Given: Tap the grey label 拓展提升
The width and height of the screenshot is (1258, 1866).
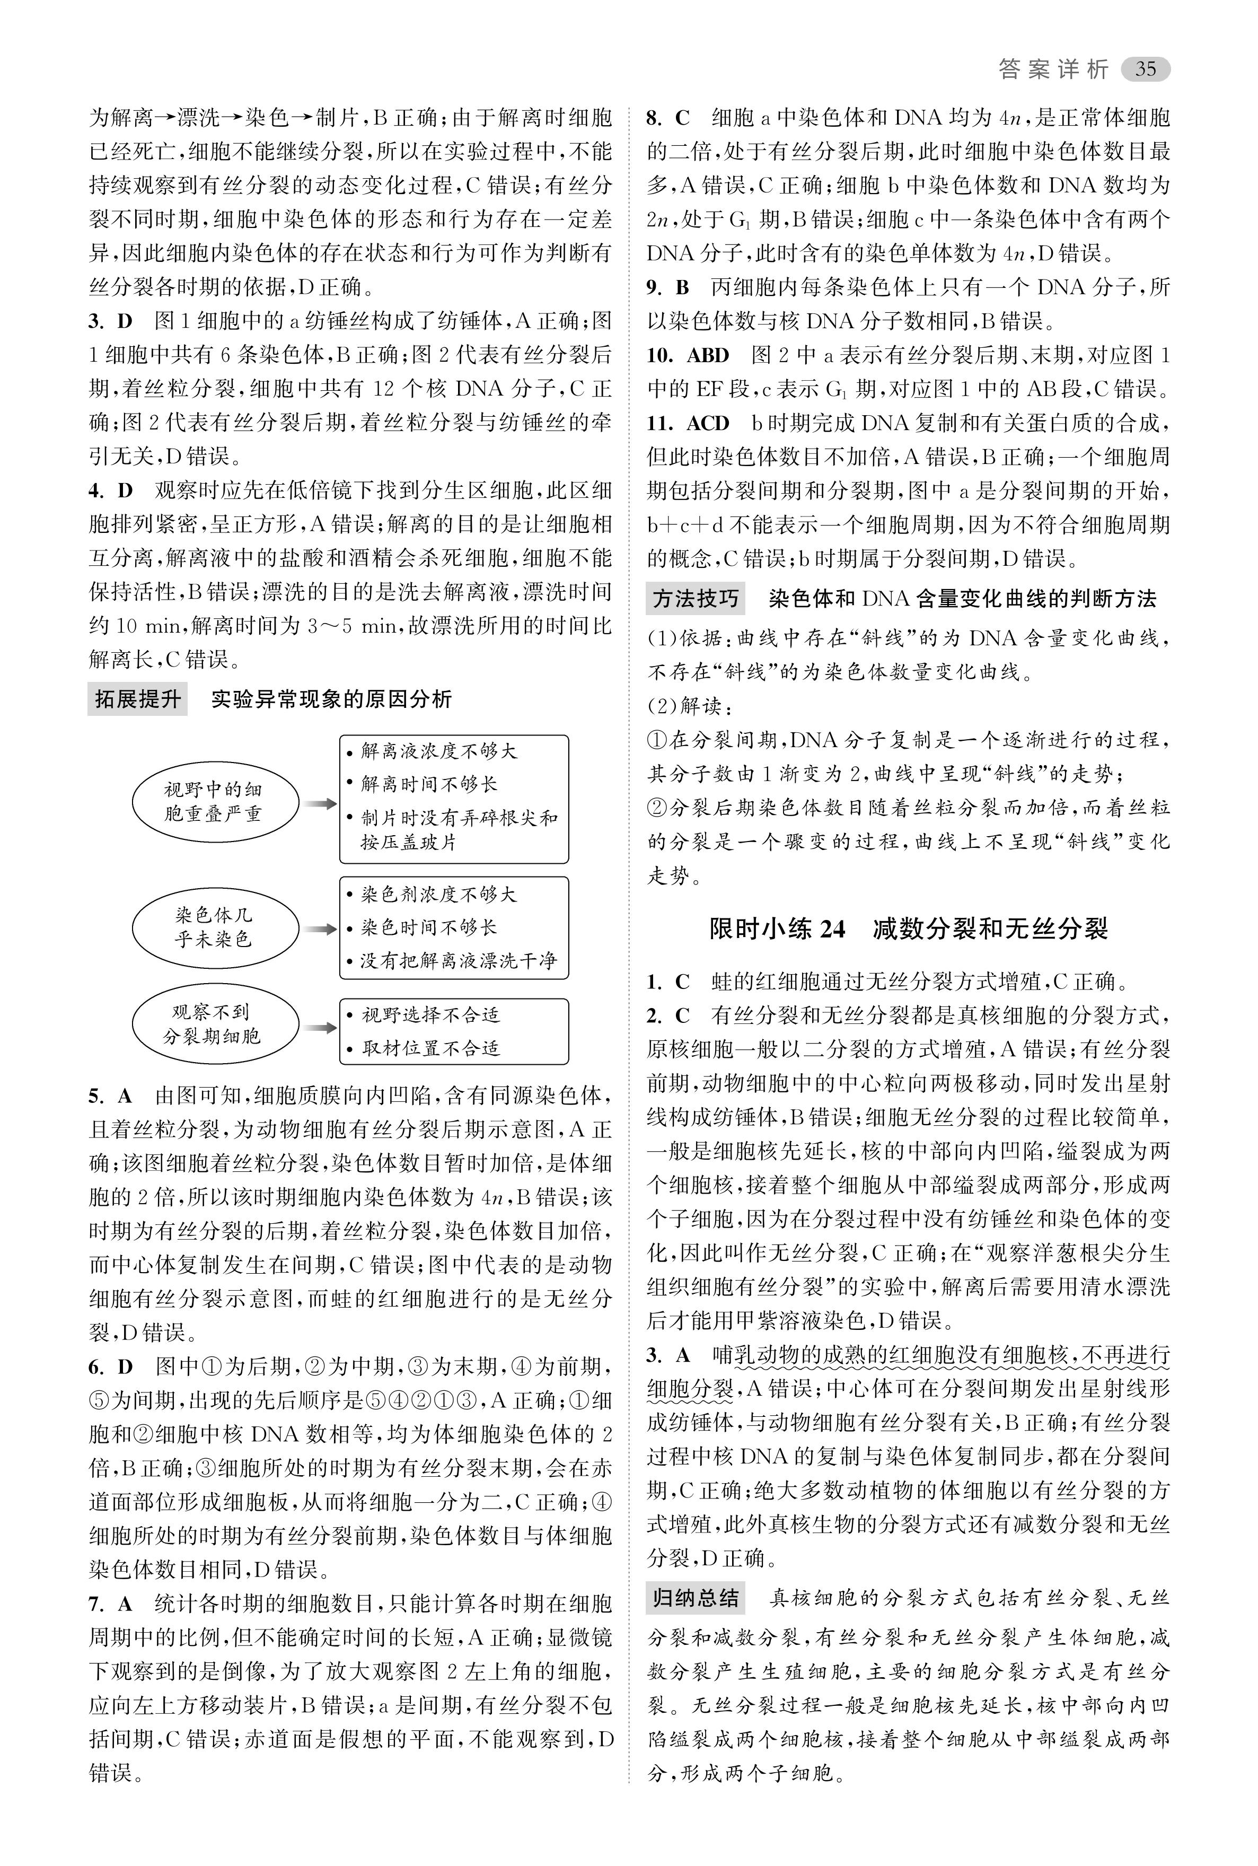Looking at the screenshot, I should pyautogui.click(x=137, y=699).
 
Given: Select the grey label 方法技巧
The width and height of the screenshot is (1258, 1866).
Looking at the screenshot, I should pyautogui.click(x=695, y=599).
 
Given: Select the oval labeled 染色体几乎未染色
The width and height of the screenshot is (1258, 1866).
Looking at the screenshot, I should pyautogui.click(x=214, y=927).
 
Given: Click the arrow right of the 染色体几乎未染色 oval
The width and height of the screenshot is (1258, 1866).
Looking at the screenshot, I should pyautogui.click(x=320, y=928).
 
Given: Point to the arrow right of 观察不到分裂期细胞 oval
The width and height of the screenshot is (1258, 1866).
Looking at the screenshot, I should pyautogui.click(x=320, y=1027).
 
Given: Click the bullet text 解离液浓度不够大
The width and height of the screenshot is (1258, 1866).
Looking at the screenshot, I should pyautogui.click(x=439, y=750).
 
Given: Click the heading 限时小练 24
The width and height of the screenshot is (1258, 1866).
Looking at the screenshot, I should pyautogui.click(x=777, y=928).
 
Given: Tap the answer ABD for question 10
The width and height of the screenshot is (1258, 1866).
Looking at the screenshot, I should pyautogui.click(x=708, y=356).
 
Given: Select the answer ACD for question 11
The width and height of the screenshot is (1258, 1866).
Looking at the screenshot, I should pyautogui.click(x=708, y=423).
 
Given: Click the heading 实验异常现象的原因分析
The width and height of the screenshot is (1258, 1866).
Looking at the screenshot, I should pyautogui.click(x=331, y=699).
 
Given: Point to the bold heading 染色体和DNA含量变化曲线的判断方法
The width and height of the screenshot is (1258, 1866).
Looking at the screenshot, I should pyautogui.click(x=962, y=599).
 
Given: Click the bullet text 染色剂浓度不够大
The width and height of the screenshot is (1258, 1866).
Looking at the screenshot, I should pyautogui.click(x=439, y=893).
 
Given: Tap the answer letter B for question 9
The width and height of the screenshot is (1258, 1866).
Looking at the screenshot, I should pyautogui.click(x=682, y=287).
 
